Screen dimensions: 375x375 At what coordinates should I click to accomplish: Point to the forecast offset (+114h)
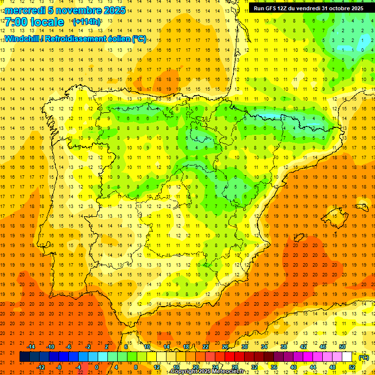(86, 22)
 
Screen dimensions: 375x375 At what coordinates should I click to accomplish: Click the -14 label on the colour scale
(31, 347)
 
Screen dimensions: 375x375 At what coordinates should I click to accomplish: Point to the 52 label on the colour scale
(352, 367)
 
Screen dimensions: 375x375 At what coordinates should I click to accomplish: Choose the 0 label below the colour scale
(97, 367)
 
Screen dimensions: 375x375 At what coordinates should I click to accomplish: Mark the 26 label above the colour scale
(225, 347)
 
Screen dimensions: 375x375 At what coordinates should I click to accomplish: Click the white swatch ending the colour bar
(347, 357)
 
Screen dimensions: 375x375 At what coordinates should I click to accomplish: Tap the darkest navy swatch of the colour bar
(24, 357)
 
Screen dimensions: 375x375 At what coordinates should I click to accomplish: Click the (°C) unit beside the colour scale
(363, 357)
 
